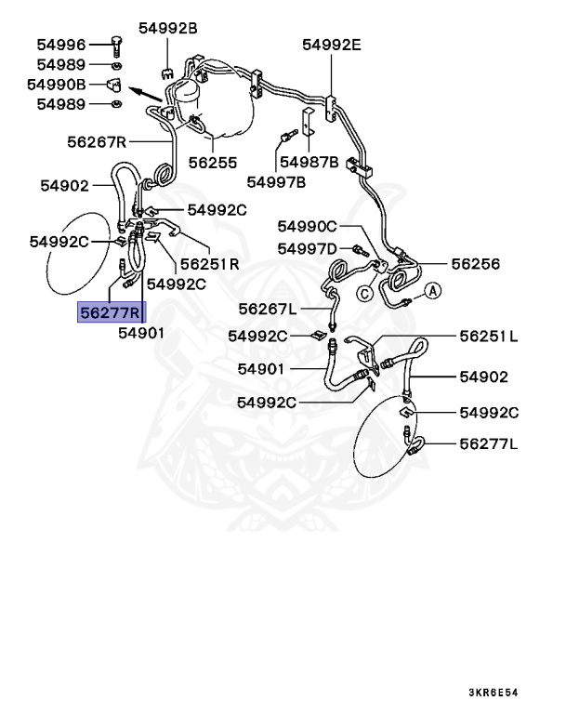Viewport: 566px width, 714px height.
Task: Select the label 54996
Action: pyautogui.click(x=61, y=44)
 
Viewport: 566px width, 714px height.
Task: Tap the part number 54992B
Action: pyautogui.click(x=168, y=29)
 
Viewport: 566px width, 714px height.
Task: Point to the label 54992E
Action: pyautogui.click(x=332, y=44)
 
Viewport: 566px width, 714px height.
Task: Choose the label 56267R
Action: pyautogui.click(x=96, y=142)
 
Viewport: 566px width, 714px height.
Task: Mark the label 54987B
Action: pyautogui.click(x=309, y=161)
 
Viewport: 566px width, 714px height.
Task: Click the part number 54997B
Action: pyautogui.click(x=276, y=181)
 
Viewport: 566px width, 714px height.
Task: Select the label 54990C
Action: pyautogui.click(x=308, y=227)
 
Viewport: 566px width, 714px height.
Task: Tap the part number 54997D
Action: pyautogui.click(x=308, y=248)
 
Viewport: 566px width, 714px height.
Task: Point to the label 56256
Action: pyautogui.click(x=476, y=264)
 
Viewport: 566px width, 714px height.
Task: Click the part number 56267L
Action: pyautogui.click(x=268, y=309)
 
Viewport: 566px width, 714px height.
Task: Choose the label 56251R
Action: pyautogui.click(x=209, y=264)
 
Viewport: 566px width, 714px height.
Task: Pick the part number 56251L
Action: pyautogui.click(x=489, y=335)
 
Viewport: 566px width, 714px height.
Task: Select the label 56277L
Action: pyautogui.click(x=489, y=444)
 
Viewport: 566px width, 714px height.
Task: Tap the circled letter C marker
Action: pyautogui.click(x=365, y=294)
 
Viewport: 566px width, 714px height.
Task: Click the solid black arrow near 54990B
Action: pyautogui.click(x=144, y=93)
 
